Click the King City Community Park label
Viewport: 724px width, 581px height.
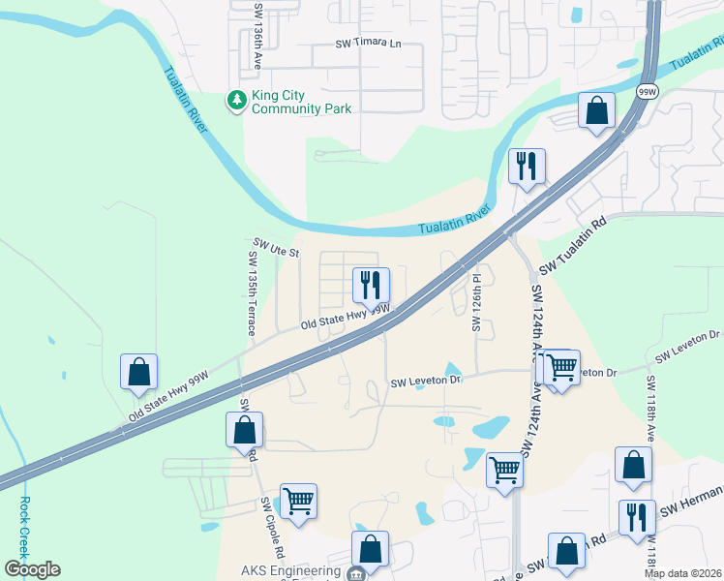click(x=301, y=102)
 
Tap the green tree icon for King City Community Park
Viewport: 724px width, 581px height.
click(x=236, y=100)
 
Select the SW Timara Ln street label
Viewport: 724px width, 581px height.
click(x=368, y=44)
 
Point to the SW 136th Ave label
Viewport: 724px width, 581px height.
click(x=258, y=34)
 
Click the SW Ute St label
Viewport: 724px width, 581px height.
click(x=277, y=248)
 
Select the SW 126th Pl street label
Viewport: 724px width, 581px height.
click(x=476, y=301)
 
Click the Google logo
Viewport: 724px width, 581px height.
click(x=32, y=569)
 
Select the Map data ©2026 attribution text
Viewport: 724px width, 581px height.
click(x=682, y=573)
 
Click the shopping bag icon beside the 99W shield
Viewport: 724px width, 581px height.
click(x=597, y=110)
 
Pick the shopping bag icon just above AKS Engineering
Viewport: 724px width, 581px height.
click(x=370, y=548)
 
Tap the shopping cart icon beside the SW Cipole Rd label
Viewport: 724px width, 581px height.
click(x=298, y=501)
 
